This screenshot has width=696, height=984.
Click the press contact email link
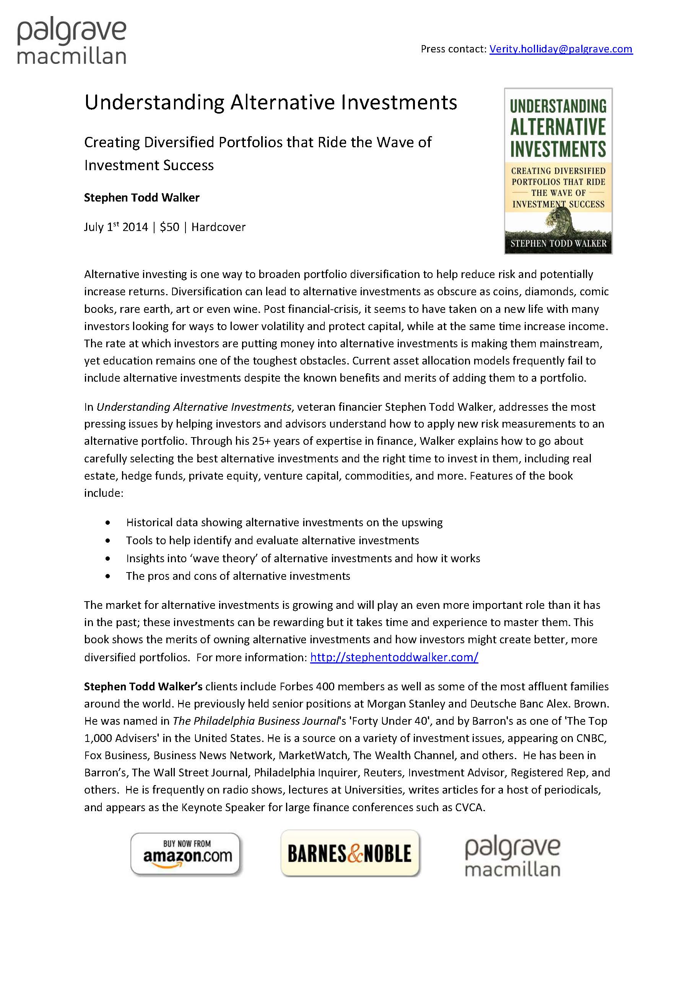[x=561, y=49]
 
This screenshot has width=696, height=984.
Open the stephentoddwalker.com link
[x=394, y=657]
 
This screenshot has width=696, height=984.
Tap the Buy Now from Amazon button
[x=187, y=853]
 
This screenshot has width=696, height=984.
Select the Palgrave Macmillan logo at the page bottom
[x=512, y=857]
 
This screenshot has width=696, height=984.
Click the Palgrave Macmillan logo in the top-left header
[x=72, y=42]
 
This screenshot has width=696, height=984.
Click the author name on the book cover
[x=558, y=244]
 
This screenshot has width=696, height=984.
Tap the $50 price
[x=169, y=227]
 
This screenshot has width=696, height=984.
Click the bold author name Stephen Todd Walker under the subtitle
[x=141, y=198]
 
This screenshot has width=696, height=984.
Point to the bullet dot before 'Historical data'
[x=107, y=523]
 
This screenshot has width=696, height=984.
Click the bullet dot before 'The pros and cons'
[x=107, y=576]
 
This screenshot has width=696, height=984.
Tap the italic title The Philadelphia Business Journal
[x=256, y=721]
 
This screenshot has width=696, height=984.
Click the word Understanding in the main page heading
[x=154, y=103]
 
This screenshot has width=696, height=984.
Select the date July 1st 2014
[x=116, y=227]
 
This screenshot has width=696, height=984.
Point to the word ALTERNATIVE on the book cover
[x=558, y=127]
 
